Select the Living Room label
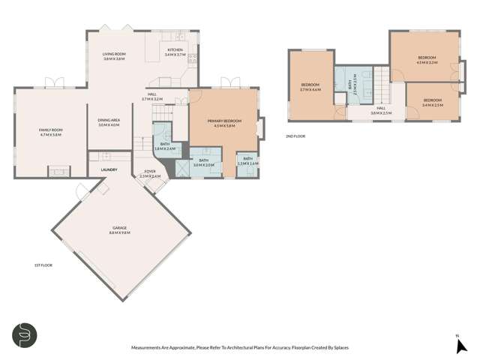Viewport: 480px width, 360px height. pos(114,55)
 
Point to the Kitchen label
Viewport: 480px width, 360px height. pos(175,52)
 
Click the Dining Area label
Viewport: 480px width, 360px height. pos(109,122)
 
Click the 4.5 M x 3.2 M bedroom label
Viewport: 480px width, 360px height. pos(426,60)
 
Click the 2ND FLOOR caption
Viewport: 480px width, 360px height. pos(295,136)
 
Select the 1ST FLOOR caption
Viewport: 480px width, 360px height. pos(42,265)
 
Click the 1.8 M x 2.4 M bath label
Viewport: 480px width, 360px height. pos(164,146)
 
